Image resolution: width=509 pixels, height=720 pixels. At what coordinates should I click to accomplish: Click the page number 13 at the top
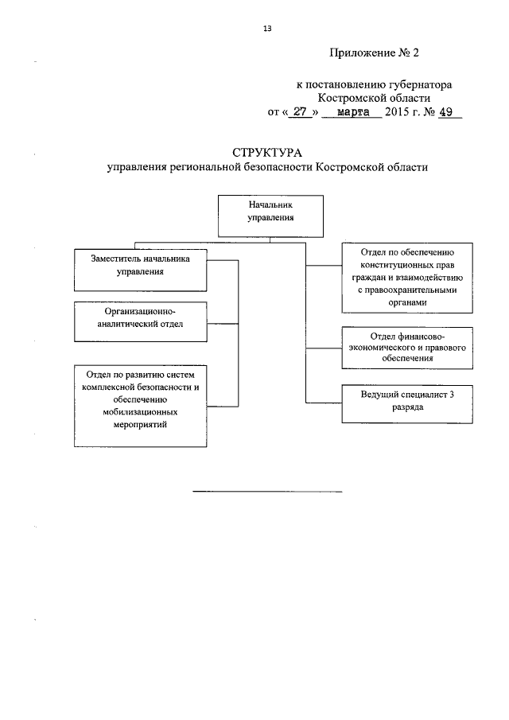tap(267, 29)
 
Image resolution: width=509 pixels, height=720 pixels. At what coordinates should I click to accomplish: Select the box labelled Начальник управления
tap(270, 215)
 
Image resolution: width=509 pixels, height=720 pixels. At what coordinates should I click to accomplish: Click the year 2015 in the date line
tap(395, 112)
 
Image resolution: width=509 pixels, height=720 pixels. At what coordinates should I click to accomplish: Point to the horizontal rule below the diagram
tap(267, 492)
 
